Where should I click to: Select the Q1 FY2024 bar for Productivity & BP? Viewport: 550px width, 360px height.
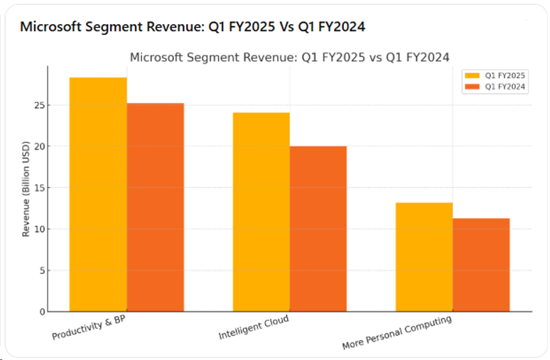[155, 207]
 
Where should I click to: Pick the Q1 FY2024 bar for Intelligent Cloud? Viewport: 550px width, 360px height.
[318, 229]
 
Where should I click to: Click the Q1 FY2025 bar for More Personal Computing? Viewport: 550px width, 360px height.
[424, 257]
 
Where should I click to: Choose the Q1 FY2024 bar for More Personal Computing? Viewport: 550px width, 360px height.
[481, 265]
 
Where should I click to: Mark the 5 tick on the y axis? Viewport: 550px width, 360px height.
[42, 271]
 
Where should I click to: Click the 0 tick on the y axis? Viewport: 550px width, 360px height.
[42, 312]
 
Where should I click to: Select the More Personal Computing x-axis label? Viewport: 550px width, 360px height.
[397, 332]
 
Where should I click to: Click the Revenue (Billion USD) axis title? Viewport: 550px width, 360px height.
[26, 189]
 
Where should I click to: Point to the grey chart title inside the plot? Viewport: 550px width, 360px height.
[289, 57]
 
